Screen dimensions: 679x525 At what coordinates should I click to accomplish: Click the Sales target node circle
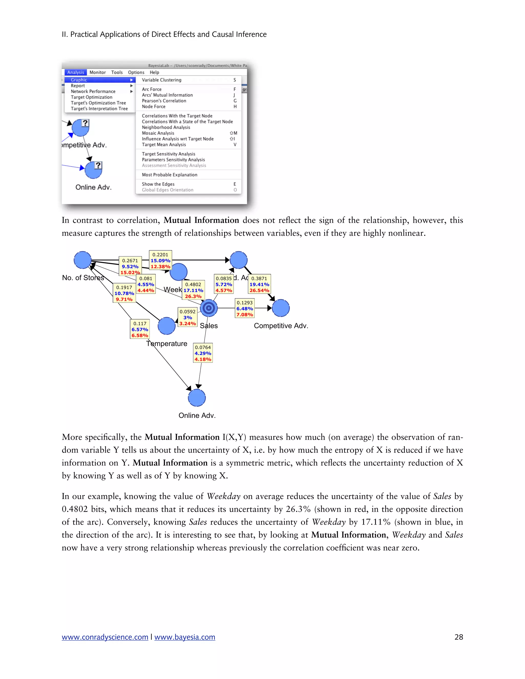(x=209, y=308)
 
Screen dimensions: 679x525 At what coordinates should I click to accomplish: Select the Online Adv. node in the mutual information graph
(x=197, y=398)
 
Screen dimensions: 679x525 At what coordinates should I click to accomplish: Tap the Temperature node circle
(x=167, y=326)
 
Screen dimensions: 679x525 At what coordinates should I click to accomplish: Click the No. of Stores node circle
(x=83, y=260)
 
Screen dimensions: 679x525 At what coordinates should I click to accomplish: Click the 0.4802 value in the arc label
(x=193, y=284)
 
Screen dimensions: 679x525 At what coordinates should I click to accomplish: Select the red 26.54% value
(x=259, y=290)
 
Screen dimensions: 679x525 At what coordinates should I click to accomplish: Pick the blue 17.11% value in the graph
(x=193, y=290)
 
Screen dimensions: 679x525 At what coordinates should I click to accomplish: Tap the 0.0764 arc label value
(x=203, y=347)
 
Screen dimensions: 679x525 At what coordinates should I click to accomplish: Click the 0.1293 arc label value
(x=245, y=303)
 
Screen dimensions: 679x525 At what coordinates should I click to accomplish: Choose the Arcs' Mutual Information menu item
(x=167, y=95)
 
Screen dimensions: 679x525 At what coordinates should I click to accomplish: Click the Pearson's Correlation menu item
(x=164, y=101)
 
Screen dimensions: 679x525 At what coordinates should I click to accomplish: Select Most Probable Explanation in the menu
(x=169, y=175)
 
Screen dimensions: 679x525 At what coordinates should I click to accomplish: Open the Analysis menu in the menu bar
(x=76, y=73)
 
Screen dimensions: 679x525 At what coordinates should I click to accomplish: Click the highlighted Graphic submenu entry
(x=79, y=80)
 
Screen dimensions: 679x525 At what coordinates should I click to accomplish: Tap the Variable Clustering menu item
(x=161, y=80)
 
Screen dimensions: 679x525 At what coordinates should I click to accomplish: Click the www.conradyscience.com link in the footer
(x=105, y=637)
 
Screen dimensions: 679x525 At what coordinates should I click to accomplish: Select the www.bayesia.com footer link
(x=185, y=637)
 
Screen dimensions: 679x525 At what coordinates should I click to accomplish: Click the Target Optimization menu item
(x=92, y=97)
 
